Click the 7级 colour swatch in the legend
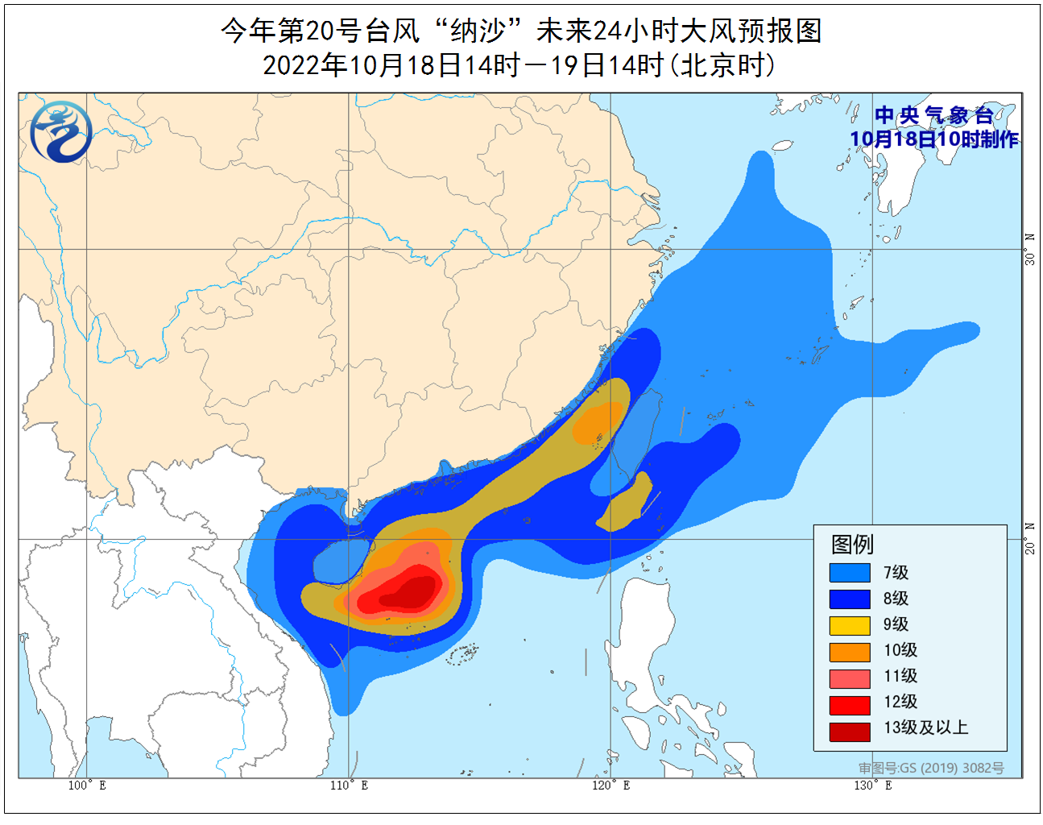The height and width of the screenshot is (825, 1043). [x=850, y=572]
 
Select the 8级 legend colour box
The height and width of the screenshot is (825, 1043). [x=850, y=599]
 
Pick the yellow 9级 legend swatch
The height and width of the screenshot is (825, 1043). [x=850, y=624]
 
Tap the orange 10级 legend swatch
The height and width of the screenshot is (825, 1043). [x=850, y=650]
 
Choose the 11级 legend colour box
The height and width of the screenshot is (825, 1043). [x=850, y=677]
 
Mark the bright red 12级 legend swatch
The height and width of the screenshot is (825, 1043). [x=850, y=703]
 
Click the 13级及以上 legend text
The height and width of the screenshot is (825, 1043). [x=925, y=728]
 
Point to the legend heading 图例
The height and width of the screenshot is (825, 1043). [x=852, y=545]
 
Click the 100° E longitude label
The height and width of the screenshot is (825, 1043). [x=87, y=786]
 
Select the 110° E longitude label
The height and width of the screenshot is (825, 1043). [x=349, y=786]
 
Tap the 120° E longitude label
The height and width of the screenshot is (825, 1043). [x=610, y=786]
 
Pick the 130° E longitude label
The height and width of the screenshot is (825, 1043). [x=872, y=786]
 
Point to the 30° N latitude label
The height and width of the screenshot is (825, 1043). [x=1030, y=250]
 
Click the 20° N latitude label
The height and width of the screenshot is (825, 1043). [x=1030, y=538]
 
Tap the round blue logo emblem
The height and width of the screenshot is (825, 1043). [x=61, y=131]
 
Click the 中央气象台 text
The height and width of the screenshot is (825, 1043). [x=934, y=115]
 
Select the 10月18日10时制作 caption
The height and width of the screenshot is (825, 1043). [x=934, y=139]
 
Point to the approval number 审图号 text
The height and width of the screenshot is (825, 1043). [x=931, y=768]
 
